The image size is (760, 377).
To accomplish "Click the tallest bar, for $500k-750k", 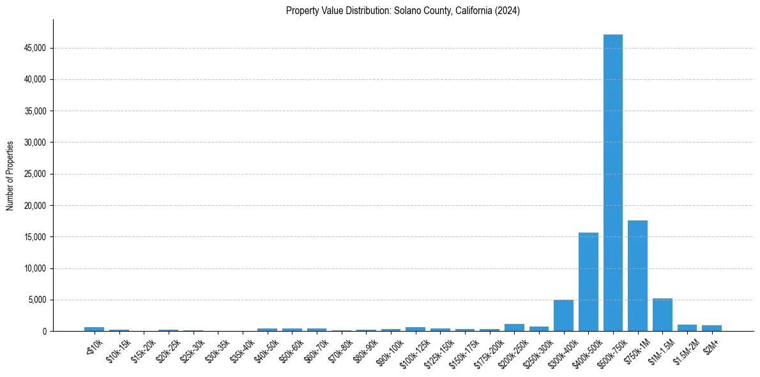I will [612, 183].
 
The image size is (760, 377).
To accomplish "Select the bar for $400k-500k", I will [588, 282].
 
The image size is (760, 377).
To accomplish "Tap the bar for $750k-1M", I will [637, 275].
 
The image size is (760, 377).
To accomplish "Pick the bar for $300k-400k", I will [563, 316].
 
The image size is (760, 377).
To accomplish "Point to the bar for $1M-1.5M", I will [662, 315].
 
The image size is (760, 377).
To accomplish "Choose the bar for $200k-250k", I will [514, 328].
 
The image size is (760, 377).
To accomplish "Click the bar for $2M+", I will [711, 328].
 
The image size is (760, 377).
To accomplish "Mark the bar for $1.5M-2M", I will [687, 328].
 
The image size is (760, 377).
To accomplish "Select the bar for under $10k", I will [94, 329].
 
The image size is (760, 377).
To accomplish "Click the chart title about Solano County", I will [402, 11].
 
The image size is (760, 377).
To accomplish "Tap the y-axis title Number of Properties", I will [10, 175].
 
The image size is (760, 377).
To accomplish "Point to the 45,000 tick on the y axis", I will [35, 48].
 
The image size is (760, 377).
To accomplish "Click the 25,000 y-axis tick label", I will [35, 174].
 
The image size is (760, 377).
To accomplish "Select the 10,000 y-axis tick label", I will [35, 268].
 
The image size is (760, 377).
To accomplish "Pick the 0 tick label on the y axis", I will [45, 331].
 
